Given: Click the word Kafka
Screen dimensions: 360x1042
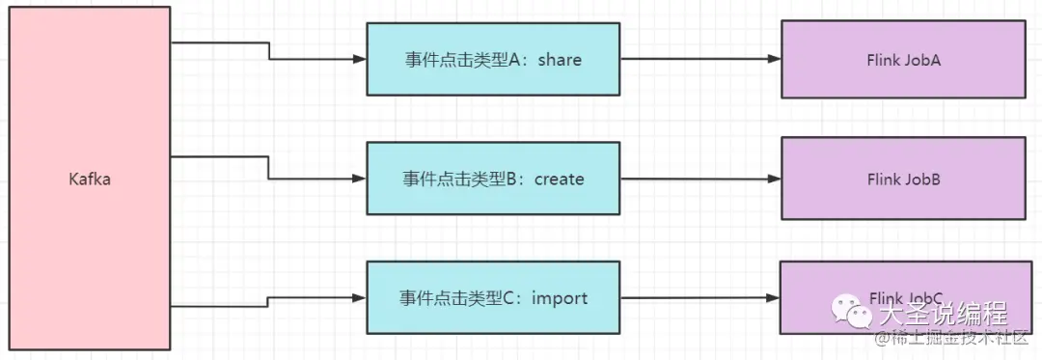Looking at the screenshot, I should tap(90, 179).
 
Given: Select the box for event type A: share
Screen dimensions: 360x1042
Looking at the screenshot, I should tap(493, 60).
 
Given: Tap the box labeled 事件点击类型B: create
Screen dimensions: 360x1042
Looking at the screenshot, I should tap(493, 179).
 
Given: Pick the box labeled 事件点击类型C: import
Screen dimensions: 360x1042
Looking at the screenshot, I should tap(493, 297).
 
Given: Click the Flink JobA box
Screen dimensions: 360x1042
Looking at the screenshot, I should tap(903, 60).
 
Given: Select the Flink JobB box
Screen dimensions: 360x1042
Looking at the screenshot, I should tap(903, 179).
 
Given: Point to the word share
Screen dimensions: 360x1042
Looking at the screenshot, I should tap(560, 60).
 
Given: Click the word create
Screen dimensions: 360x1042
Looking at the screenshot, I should tap(560, 179).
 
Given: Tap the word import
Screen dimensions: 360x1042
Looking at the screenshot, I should tap(560, 297).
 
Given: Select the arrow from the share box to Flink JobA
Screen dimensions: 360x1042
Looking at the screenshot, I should tap(699, 59).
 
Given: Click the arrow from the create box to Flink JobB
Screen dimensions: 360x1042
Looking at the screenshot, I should tap(699, 179).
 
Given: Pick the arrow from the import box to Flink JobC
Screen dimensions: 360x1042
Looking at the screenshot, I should tap(699, 298).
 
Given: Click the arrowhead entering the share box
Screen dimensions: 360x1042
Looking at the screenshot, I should tap(360, 59).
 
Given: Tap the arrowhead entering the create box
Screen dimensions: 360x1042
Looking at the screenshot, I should tap(360, 179).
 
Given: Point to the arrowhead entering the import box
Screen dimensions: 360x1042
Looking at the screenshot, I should tap(360, 298).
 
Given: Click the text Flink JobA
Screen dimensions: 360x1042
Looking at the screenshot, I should tap(903, 60).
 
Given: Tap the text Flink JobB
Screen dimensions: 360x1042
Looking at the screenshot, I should tap(903, 179).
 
